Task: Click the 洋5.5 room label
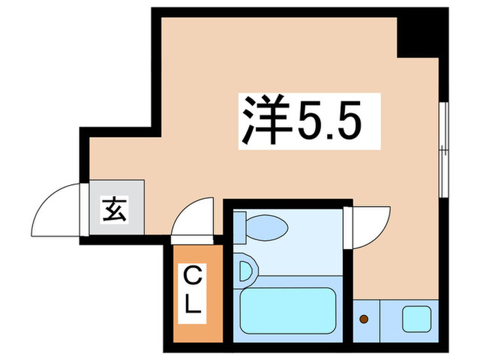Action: click(x=309, y=121)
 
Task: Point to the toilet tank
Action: click(x=239, y=226)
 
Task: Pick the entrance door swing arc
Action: click(x=55, y=209)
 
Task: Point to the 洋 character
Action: click(x=261, y=121)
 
